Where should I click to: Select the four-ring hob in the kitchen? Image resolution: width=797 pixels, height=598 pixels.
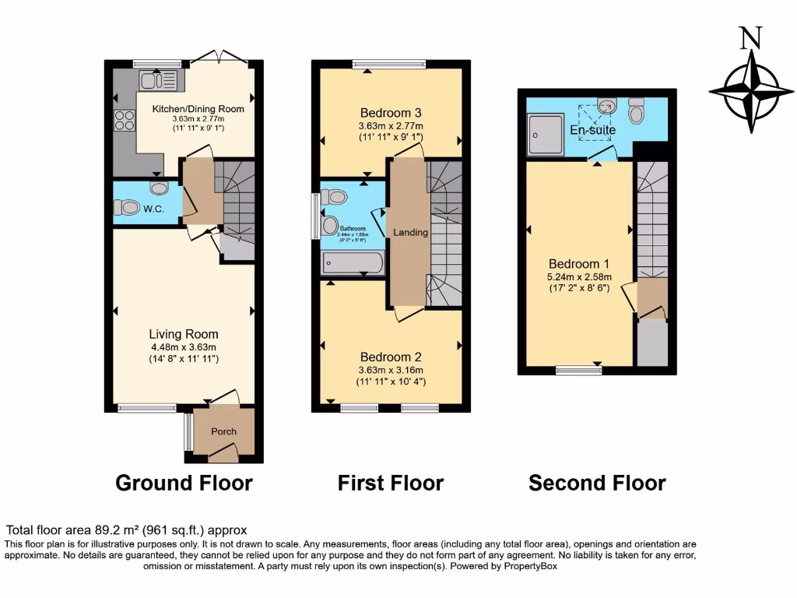pyautogui.click(x=125, y=121)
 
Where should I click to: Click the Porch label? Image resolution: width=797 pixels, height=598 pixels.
pyautogui.click(x=224, y=431)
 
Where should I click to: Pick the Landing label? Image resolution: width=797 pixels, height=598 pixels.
pyautogui.click(x=410, y=232)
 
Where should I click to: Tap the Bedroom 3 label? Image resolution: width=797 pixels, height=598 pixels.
pyautogui.click(x=390, y=111)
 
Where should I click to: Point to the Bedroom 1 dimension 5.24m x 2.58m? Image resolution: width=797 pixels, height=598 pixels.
pyautogui.click(x=580, y=276)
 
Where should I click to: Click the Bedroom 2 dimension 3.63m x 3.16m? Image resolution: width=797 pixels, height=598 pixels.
pyautogui.click(x=390, y=369)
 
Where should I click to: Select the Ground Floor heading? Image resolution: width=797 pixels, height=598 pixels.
pyautogui.click(x=184, y=483)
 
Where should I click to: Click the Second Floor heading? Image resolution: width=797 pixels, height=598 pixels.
pyautogui.click(x=597, y=484)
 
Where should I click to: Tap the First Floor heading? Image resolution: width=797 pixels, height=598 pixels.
pyautogui.click(x=390, y=483)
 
